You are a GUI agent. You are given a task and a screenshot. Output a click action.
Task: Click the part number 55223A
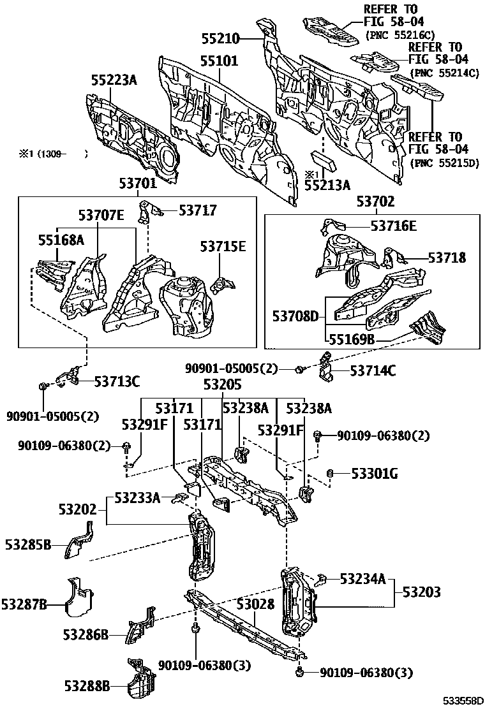tap(114, 80)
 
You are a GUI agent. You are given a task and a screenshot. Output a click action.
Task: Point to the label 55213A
tap(327, 186)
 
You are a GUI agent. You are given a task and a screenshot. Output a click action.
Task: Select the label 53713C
tap(117, 381)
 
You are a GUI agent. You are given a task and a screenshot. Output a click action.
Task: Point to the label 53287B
tap(24, 604)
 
